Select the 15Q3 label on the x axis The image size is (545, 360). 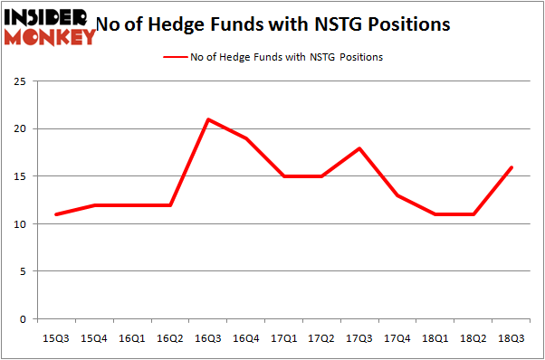pos(56,339)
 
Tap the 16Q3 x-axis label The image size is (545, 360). pos(208,339)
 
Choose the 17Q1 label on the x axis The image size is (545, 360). pos(284,339)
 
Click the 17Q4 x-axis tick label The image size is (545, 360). pos(397,339)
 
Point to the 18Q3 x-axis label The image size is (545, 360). pos(512,339)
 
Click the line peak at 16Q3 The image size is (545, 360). pos(208,119)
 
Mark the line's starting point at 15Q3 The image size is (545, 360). pos(56,214)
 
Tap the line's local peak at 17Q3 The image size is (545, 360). pos(360,148)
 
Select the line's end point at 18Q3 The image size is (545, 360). pos(512,167)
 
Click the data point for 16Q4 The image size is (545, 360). pos(246,138)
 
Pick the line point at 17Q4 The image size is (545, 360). pos(397,195)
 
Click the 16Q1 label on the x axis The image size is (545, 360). pos(132,339)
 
